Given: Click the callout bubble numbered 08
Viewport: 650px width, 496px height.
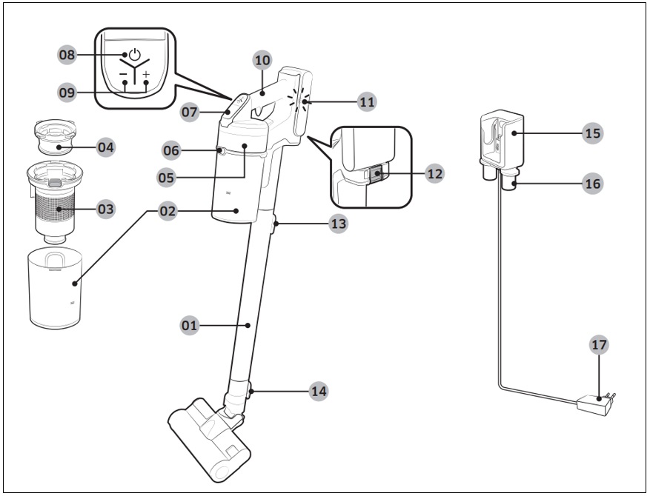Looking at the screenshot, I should pyautogui.click(x=67, y=55).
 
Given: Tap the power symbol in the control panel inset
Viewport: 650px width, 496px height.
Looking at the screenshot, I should pyautogui.click(x=134, y=55).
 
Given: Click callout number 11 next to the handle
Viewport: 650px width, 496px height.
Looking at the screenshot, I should pyautogui.click(x=366, y=101).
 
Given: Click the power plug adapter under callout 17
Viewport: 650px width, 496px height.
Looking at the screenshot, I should pyautogui.click(x=597, y=403).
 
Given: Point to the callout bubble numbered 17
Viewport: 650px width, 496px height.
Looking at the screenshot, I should pyautogui.click(x=600, y=345).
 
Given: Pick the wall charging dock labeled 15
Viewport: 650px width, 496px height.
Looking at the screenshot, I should pyautogui.click(x=501, y=137).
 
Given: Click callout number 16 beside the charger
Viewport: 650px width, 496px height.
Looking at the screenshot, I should pyautogui.click(x=592, y=184).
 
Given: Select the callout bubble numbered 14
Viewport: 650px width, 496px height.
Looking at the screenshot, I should pyautogui.click(x=319, y=390).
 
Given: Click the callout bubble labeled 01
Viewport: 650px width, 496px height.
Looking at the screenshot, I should pyautogui.click(x=191, y=324).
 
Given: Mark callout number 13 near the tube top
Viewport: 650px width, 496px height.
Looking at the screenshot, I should pyautogui.click(x=338, y=224).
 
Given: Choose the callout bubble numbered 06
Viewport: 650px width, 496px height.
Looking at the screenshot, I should pyautogui.click(x=172, y=150).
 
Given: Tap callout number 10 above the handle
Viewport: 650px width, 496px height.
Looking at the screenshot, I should pyautogui.click(x=262, y=60).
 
